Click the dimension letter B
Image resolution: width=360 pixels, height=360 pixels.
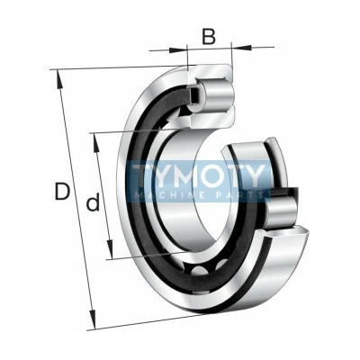click(209, 37)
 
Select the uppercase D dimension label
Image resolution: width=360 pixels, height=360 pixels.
click(62, 192)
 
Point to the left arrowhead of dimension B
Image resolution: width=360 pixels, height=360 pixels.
click(178, 50)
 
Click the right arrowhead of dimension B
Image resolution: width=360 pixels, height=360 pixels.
click(241, 47)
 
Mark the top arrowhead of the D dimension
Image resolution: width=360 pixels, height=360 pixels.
click(59, 79)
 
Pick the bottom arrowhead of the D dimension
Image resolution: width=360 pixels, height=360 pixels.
click(93, 320)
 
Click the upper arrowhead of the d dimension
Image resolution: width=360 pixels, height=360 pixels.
click(96, 142)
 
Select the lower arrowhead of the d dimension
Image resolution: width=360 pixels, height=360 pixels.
click(110, 248)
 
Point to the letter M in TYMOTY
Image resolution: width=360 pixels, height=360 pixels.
click(180, 175)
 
